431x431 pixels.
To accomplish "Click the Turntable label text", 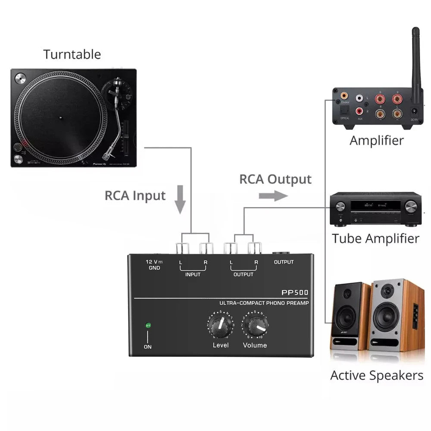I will coord(72,54).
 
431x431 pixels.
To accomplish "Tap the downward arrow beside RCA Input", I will coord(181,199).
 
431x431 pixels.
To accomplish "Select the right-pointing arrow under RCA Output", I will coord(273,196).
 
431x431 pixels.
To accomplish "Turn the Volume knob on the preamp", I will coord(255,326).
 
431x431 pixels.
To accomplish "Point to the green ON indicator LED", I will coord(148,325).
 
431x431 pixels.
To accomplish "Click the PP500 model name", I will coord(295,292).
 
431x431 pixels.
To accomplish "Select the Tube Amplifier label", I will coord(375,238).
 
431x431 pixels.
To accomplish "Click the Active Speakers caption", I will coord(377,375).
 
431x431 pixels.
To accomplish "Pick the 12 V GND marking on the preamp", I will coord(154,265).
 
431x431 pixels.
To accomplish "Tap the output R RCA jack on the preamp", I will coord(255,248).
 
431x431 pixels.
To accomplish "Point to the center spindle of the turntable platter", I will coord(60,117).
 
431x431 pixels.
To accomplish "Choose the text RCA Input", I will coord(135,196).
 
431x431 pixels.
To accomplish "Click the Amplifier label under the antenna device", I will coord(376,141).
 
